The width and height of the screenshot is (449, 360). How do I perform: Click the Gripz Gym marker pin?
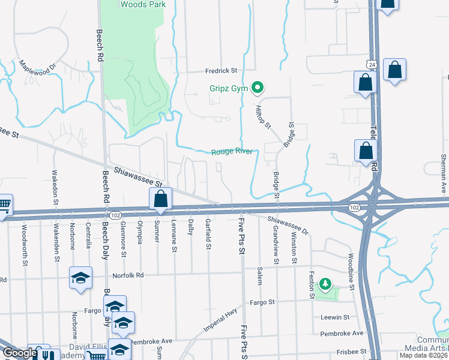point(258,88)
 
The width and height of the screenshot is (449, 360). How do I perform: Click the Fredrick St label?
point(221,70)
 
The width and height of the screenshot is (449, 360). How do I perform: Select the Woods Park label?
point(143,4)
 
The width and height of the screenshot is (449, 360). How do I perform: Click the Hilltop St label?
point(265,116)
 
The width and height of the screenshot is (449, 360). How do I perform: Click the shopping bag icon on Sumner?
point(161,199)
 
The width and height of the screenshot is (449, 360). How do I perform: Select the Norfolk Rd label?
point(129,275)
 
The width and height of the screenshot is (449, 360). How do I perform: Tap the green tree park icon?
point(325,283)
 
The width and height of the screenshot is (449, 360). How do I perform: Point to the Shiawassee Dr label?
point(288,226)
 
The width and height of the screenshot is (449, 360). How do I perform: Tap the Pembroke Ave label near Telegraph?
point(342,333)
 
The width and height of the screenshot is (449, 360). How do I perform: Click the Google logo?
point(20,353)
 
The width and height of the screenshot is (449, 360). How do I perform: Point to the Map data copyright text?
point(423,355)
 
